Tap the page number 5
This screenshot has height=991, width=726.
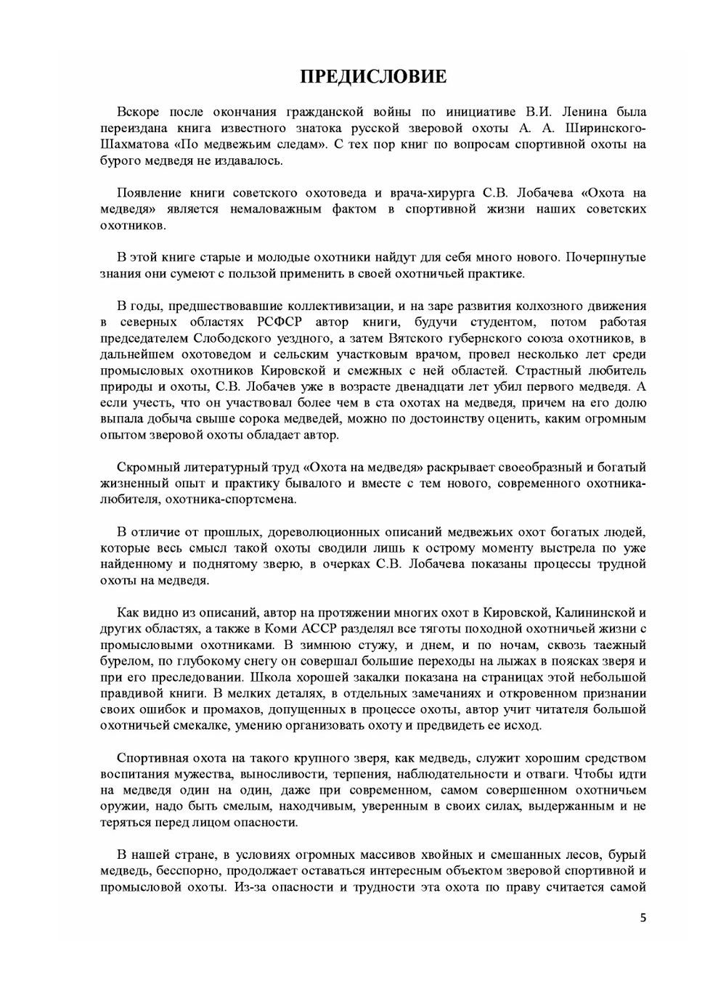pyautogui.click(x=642, y=917)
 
